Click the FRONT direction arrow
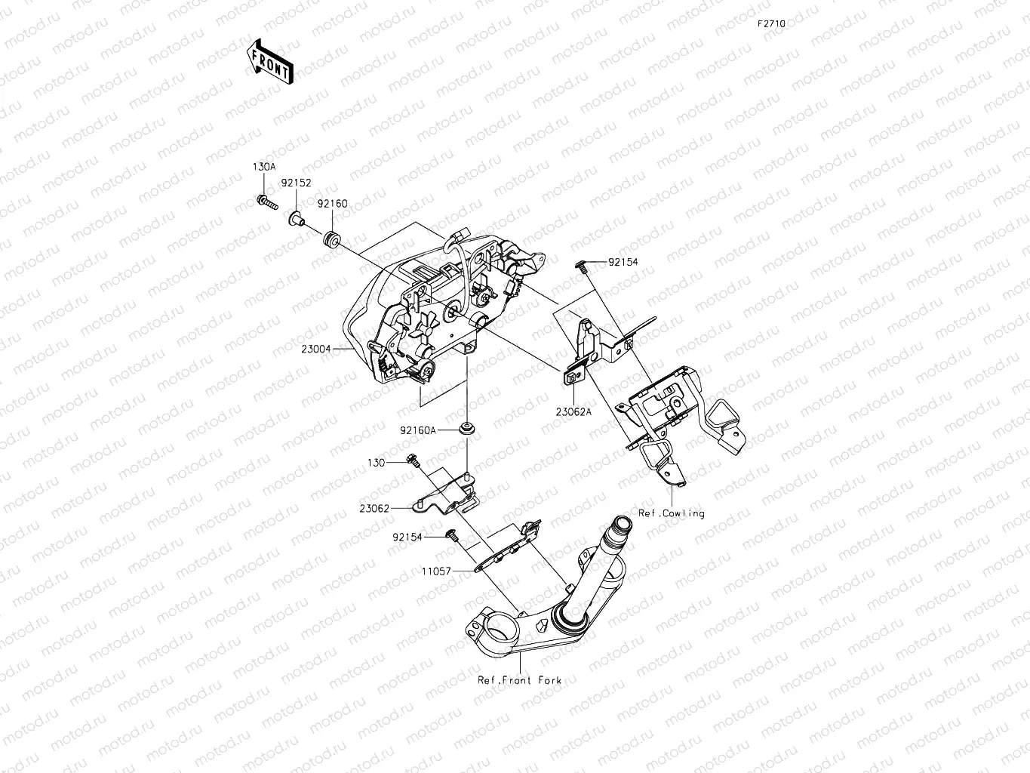pos(269,60)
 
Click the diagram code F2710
pos(772,24)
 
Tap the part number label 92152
pos(297,183)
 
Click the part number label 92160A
pos(418,430)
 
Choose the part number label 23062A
pos(573,412)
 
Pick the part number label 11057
pos(438,571)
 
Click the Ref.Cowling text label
pos(671,513)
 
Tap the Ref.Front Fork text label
pos(519,680)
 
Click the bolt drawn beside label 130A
pos(266,202)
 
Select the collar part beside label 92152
pos(297,219)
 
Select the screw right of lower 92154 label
pos(453,535)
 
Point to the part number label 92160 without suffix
pos(332,204)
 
